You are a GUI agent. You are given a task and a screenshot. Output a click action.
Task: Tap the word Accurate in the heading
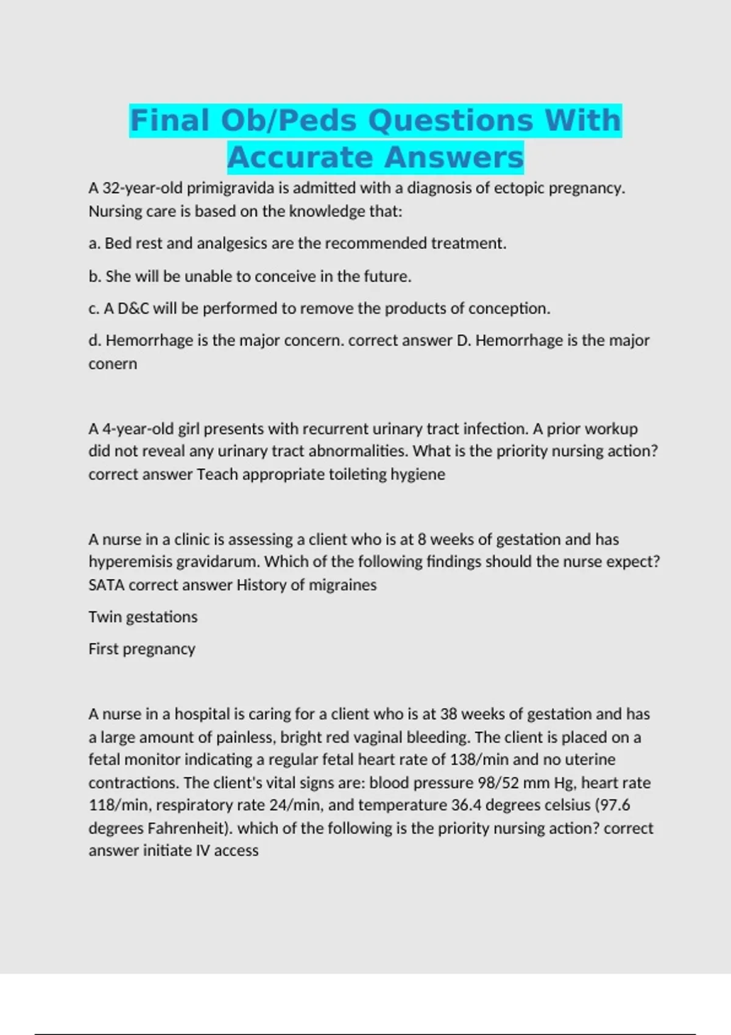[300, 157]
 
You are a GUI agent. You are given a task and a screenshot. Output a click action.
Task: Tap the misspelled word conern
[113, 364]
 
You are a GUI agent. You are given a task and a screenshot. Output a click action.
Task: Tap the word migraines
[342, 585]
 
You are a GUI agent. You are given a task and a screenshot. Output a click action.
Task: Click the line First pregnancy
[141, 649]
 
